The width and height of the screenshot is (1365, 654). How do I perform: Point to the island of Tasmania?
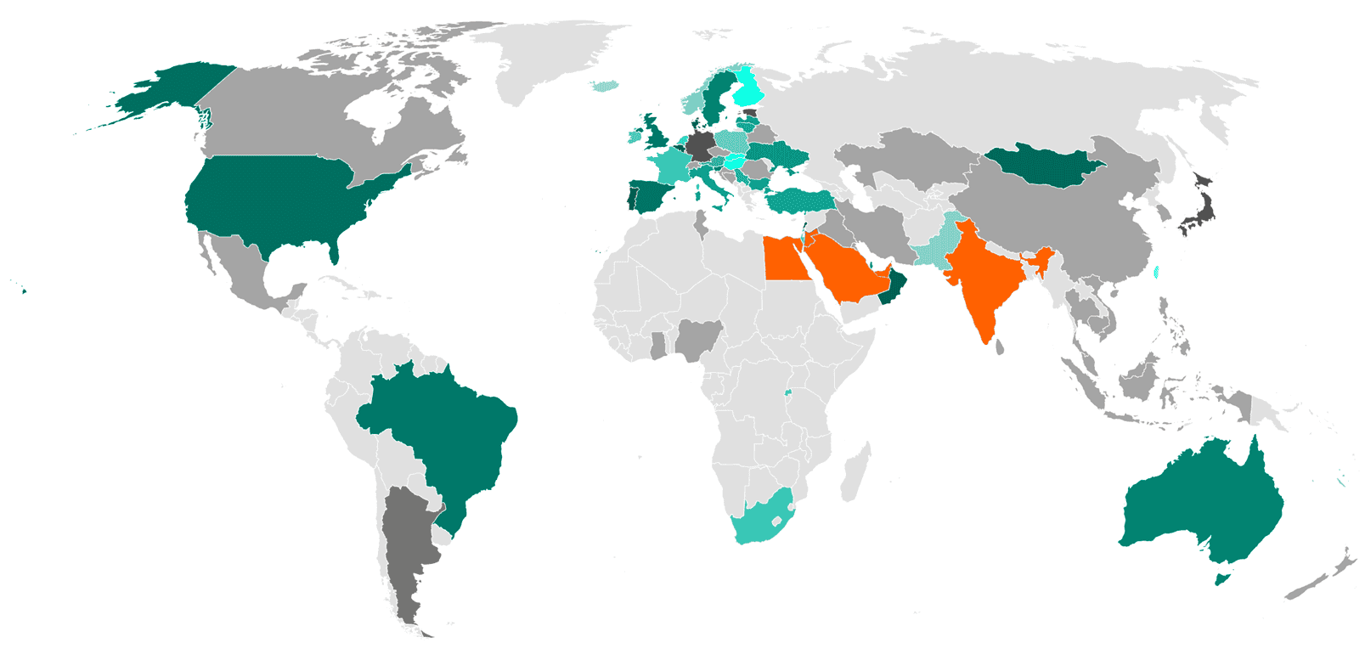coord(1221,579)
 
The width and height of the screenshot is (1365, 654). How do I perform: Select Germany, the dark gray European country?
coord(700,146)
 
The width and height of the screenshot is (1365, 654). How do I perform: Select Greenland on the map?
coord(552,59)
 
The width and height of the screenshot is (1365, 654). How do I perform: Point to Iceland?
coord(606,86)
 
